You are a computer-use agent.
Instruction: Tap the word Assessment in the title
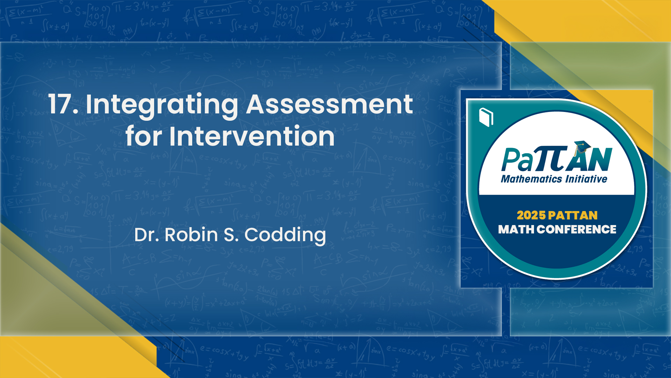pyautogui.click(x=330, y=104)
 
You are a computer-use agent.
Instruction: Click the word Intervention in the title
pyautogui.click(x=252, y=136)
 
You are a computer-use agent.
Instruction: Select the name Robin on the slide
pyautogui.click(x=191, y=234)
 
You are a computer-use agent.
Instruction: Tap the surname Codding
pyautogui.click(x=285, y=235)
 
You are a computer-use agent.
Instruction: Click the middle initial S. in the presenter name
pyautogui.click(x=231, y=234)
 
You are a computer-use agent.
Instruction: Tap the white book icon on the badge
pyautogui.click(x=486, y=117)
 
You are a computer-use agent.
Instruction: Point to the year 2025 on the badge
pyautogui.click(x=531, y=215)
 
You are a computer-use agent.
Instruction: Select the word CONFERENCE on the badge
pyautogui.click(x=577, y=230)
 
